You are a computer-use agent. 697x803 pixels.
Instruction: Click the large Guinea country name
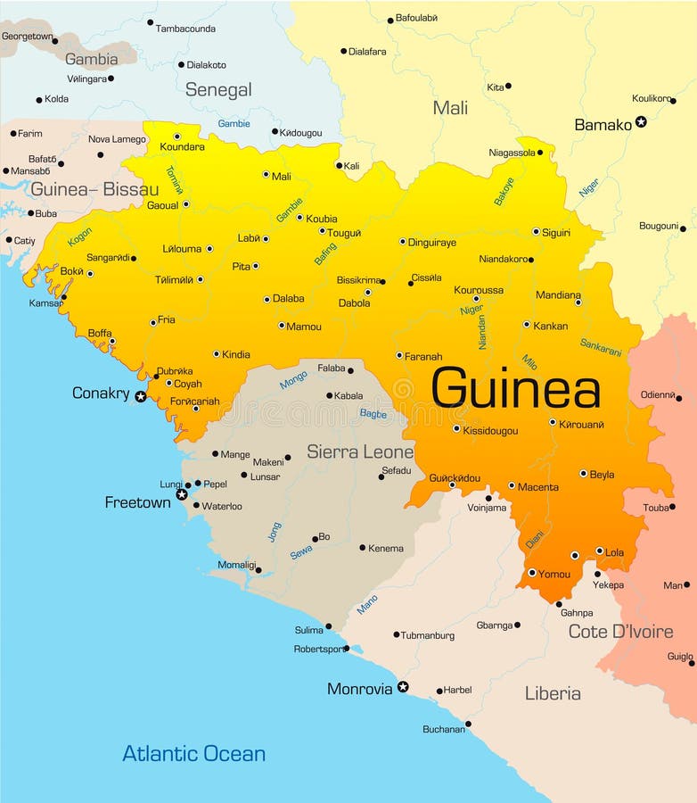pyautogui.click(x=515, y=389)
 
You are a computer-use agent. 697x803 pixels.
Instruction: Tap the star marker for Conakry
pyautogui.click(x=140, y=395)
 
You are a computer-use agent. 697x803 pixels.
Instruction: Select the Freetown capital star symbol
pyautogui.click(x=182, y=494)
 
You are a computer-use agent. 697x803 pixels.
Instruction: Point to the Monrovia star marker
pyautogui.click(x=403, y=687)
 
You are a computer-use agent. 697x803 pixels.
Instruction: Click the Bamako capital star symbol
pyautogui.click(x=641, y=121)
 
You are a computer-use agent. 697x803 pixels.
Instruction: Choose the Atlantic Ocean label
pyautogui.click(x=193, y=753)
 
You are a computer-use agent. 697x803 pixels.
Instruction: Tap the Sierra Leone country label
pyautogui.click(x=360, y=451)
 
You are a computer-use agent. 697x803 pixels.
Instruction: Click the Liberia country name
pyautogui.click(x=553, y=693)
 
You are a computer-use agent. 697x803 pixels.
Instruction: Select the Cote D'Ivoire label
pyautogui.click(x=620, y=632)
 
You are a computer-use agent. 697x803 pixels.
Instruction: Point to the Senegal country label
pyautogui.click(x=218, y=89)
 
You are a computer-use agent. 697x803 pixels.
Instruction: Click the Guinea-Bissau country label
pyautogui.click(x=94, y=189)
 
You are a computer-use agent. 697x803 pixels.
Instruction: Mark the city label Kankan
pyautogui.click(x=550, y=326)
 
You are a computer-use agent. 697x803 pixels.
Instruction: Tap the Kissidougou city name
pyautogui.click(x=490, y=430)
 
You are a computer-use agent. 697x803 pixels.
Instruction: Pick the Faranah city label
pyautogui.click(x=423, y=356)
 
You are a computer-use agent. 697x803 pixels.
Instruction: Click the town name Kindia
pyautogui.click(x=235, y=354)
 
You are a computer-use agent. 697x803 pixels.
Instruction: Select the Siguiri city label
pyautogui.click(x=556, y=232)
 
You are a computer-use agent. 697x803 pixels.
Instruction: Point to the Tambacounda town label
pyautogui.click(x=185, y=29)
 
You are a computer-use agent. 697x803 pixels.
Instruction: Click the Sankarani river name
pyautogui.click(x=601, y=347)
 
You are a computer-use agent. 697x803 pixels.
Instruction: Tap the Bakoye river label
pyautogui.click(x=504, y=191)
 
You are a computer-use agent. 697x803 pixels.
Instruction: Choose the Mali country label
pyautogui.click(x=450, y=108)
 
